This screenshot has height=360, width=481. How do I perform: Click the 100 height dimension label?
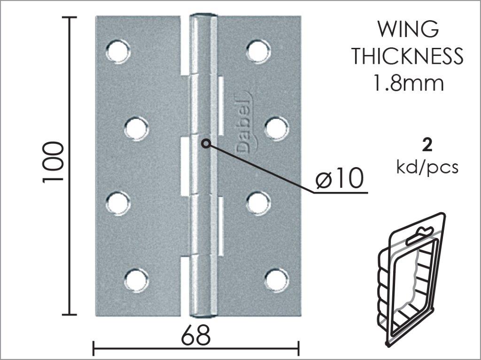point(53,162)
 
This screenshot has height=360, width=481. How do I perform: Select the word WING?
point(408,29)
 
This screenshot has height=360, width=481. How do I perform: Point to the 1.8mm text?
point(408,83)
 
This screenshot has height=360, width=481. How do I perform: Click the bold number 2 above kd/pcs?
point(427,145)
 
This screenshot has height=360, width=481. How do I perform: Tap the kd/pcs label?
point(427,168)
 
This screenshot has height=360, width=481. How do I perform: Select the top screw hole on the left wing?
point(118,51)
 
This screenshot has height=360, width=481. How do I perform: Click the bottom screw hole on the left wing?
point(137,280)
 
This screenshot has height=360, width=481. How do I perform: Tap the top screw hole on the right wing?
point(258,51)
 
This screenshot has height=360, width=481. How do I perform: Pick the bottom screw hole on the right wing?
point(276,280)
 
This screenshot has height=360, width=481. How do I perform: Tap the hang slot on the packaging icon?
point(419,235)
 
